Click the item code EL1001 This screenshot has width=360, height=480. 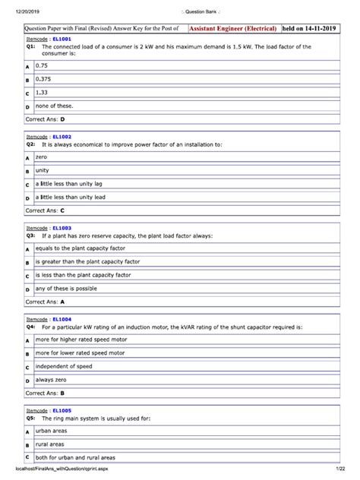[x=62, y=38]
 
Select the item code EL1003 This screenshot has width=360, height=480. [x=62, y=227]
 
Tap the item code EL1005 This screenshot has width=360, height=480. [x=62, y=410]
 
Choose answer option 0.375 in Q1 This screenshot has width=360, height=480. [x=47, y=79]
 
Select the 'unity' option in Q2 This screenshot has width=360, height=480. [x=43, y=171]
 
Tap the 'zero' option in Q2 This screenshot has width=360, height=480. [x=42, y=157]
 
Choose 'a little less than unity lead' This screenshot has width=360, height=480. [x=70, y=197]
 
